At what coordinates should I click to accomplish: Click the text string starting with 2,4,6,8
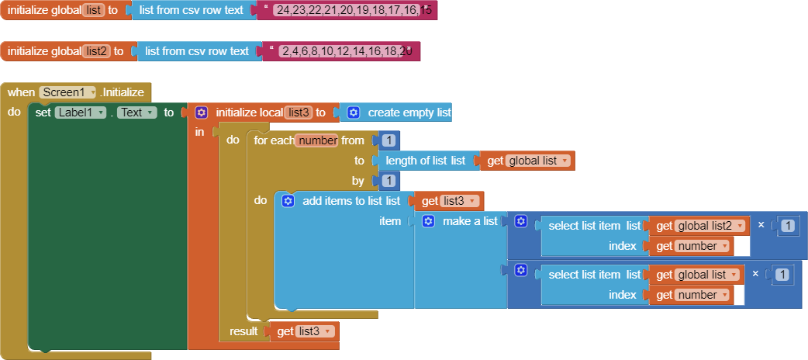[345, 51]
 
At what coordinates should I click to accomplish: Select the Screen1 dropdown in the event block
[67, 92]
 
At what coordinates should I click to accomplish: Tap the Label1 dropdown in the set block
[81, 112]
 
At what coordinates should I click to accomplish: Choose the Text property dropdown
[136, 112]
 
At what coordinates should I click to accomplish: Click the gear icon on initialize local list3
[201, 112]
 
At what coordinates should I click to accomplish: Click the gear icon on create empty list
[353, 112]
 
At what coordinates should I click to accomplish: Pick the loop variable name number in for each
[316, 140]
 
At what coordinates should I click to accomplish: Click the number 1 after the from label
[389, 140]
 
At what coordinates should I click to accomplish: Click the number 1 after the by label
[389, 181]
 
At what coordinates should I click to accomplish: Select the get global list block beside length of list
[527, 161]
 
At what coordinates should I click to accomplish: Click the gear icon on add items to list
[288, 201]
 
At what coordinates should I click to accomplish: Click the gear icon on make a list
[428, 221]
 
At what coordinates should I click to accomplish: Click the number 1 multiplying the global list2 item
[787, 225]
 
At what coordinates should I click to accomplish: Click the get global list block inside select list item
[696, 275]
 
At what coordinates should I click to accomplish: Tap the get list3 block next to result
[305, 331]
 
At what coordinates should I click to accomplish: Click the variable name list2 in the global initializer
[96, 51]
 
